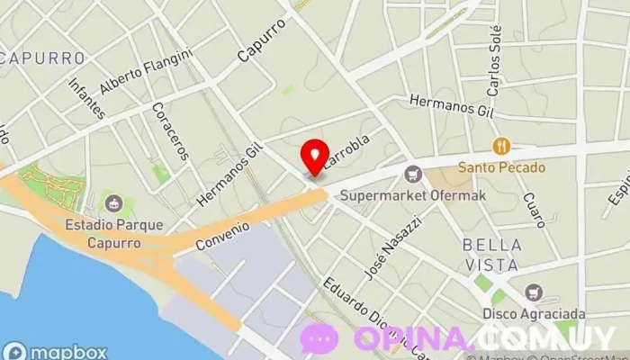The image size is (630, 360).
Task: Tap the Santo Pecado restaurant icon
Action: coord(502,145)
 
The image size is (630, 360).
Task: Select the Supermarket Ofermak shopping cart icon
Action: coord(413,174)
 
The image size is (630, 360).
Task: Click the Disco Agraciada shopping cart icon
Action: coord(535,292)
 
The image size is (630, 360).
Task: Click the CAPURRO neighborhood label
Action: coord(44,58)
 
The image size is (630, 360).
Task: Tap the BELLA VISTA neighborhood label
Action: coord(491,255)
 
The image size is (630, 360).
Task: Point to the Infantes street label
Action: coord(86,97)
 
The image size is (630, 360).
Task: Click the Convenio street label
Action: coord(220,236)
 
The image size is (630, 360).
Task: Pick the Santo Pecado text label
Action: coord(503,166)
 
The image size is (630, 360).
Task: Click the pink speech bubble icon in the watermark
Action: coord(319,339)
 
